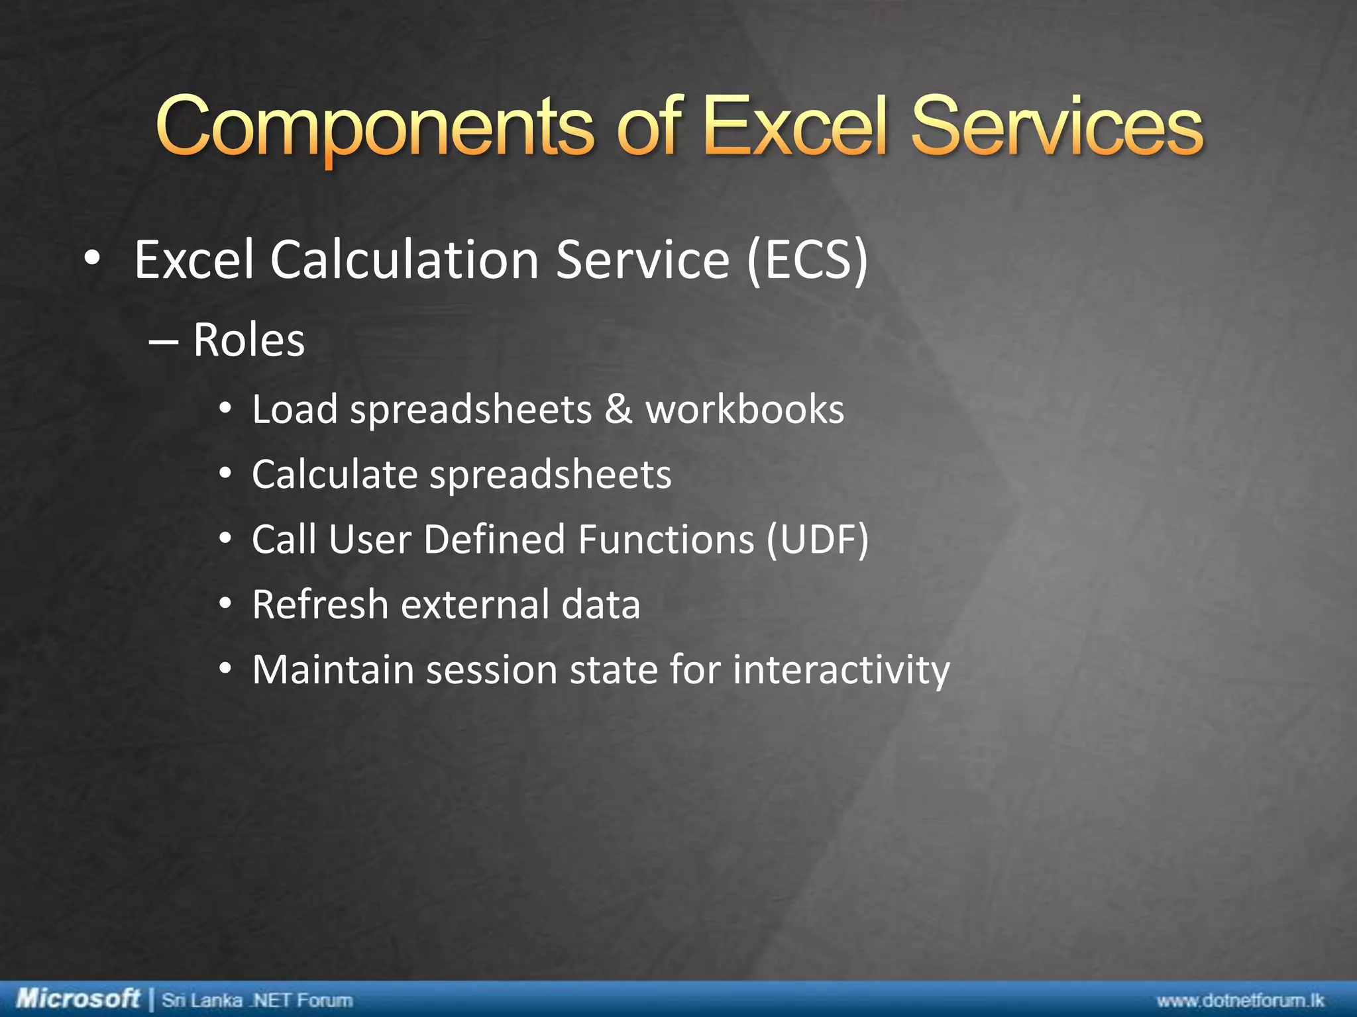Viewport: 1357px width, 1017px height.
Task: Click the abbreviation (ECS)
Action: [x=807, y=260]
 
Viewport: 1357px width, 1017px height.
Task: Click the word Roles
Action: [x=248, y=340]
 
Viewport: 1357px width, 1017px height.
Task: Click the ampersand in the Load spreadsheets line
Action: [x=618, y=409]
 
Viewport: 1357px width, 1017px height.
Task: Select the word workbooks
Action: [x=745, y=409]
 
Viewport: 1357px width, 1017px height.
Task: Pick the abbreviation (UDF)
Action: [x=817, y=540]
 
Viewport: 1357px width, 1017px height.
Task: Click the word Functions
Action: [x=665, y=539]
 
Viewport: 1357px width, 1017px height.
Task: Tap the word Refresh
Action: [x=319, y=605]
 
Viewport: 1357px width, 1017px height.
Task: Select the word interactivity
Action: [x=841, y=670]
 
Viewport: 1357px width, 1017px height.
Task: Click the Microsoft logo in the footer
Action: [x=78, y=998]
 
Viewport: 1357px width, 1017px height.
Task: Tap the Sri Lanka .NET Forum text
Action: [x=257, y=1000]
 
